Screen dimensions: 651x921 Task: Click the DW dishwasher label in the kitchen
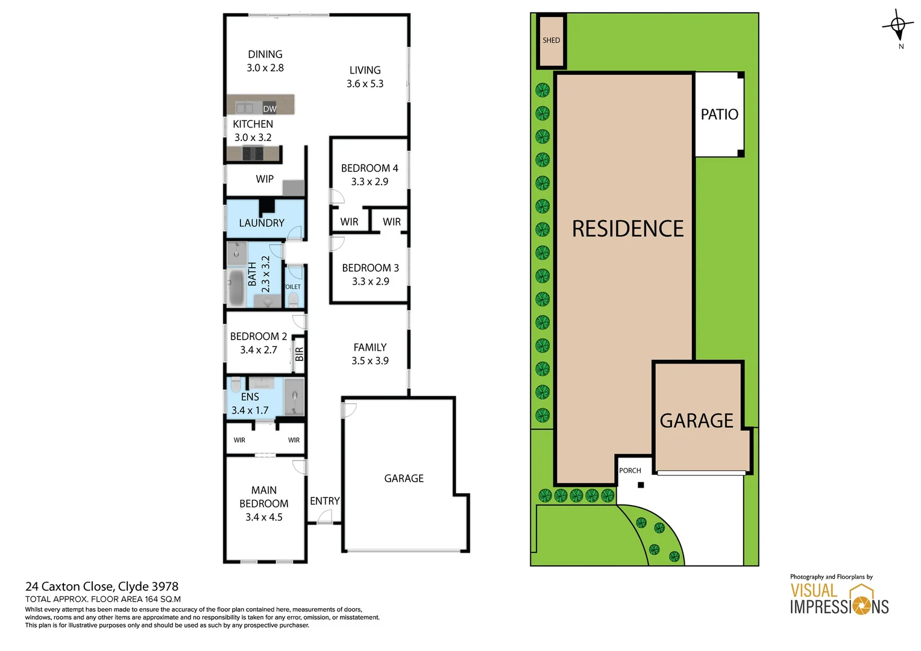tap(269, 109)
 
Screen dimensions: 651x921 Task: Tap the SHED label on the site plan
tap(551, 40)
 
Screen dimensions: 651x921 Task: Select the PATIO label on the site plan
tap(719, 115)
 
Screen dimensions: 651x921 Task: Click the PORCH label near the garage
tap(630, 471)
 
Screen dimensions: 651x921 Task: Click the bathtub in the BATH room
tap(236, 288)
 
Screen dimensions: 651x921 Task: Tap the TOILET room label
tap(292, 287)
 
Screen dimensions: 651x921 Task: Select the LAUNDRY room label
tap(262, 223)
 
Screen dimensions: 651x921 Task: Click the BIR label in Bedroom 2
tap(299, 354)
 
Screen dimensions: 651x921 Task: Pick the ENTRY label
tap(324, 501)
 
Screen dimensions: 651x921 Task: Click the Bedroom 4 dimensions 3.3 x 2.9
tap(369, 181)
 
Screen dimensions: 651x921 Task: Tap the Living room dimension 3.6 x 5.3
tap(365, 84)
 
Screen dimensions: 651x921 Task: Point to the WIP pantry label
tap(265, 179)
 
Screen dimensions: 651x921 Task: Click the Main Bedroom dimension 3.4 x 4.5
tap(263, 517)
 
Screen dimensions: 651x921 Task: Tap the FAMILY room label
tap(369, 347)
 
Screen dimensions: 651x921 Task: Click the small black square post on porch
tap(641, 485)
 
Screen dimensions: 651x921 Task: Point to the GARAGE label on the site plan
tap(696, 421)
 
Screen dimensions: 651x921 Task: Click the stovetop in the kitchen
tap(253, 153)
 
